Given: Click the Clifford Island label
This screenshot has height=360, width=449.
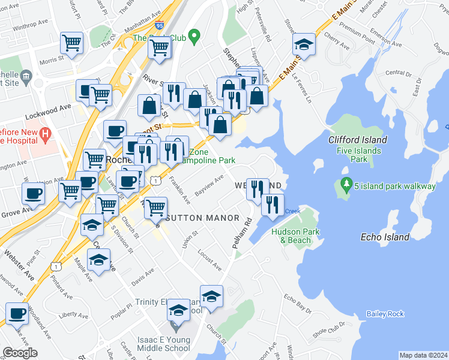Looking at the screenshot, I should (358, 140).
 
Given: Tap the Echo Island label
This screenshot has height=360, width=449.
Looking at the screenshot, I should (385, 237).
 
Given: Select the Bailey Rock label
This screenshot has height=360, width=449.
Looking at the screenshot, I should (385, 314).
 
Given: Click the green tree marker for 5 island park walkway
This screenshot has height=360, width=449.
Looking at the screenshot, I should (345, 182).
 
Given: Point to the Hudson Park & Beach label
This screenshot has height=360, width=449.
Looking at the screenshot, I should (291, 236).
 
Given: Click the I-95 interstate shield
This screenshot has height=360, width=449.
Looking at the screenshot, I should (159, 26).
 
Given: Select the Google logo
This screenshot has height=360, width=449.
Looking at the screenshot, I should (20, 352).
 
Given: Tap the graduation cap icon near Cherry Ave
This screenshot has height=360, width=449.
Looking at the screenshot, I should (304, 44).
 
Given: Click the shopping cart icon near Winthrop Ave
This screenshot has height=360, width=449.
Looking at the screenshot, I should (72, 43).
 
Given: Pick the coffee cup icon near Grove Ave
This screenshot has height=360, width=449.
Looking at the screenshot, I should (34, 193).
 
